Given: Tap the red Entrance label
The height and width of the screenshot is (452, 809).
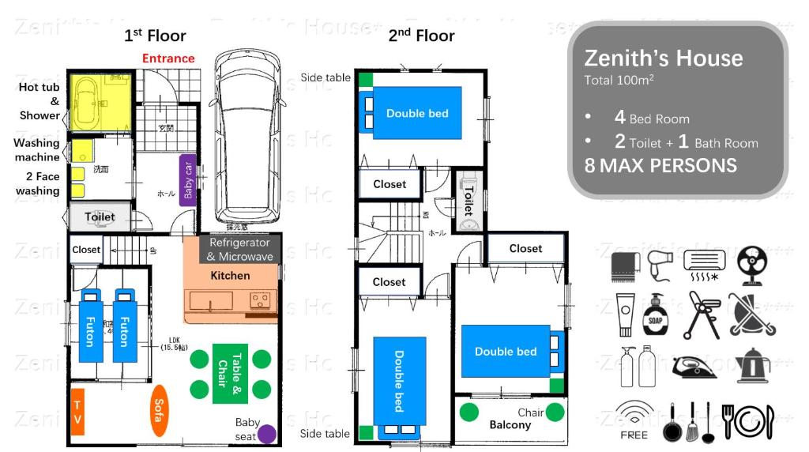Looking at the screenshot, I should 168,58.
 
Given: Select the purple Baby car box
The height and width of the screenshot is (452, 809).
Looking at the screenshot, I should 188,179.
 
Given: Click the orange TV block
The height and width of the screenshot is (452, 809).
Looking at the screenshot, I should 77,412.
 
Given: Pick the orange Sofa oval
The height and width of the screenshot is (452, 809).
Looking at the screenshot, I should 158,410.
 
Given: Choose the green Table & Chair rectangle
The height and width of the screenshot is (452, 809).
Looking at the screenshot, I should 230,375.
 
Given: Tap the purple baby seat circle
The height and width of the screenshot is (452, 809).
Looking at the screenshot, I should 268,433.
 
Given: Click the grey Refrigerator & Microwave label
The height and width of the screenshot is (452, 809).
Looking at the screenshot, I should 240,250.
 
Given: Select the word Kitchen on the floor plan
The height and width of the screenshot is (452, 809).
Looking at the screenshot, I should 230,276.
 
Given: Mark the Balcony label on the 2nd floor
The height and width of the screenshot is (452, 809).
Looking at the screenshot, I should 510,425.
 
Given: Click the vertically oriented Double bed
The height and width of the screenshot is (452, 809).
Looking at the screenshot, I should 399,381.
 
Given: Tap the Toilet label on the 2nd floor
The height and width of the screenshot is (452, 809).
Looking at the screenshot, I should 467,202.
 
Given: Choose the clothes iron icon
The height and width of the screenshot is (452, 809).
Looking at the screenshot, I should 694,367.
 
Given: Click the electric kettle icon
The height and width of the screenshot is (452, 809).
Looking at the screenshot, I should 752,366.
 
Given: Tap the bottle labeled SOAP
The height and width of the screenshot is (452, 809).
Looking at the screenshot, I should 655,316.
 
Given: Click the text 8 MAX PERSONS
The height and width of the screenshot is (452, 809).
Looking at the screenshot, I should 660,165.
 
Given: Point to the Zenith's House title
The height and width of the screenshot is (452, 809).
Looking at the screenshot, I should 664,58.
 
